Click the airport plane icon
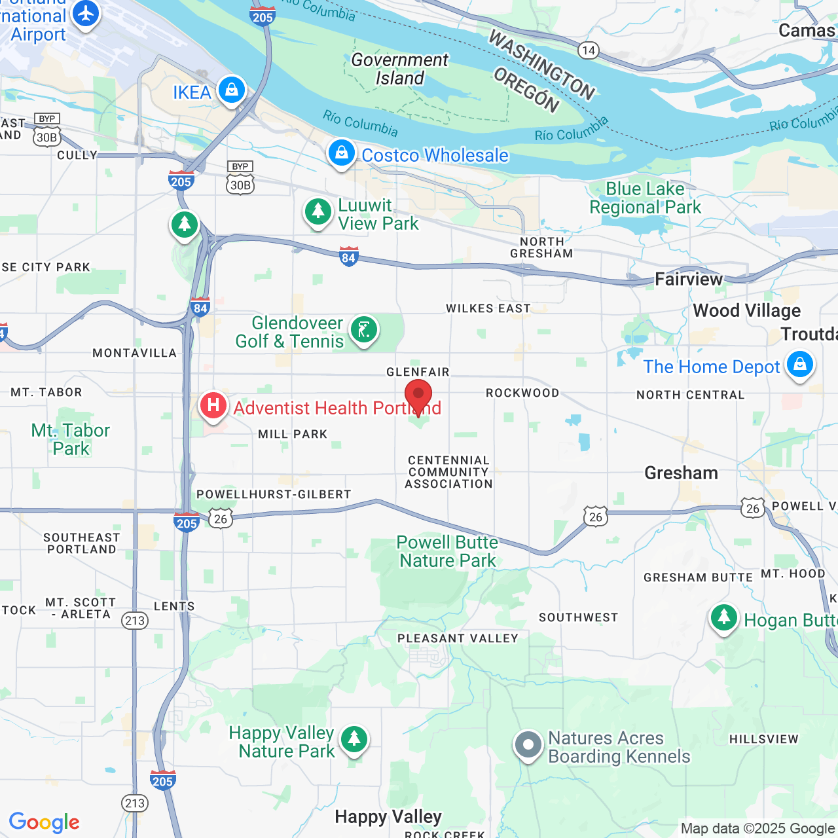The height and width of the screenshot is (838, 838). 86,14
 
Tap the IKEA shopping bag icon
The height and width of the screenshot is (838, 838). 231,90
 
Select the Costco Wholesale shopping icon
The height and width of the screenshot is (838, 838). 341,153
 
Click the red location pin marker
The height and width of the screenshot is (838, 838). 418,395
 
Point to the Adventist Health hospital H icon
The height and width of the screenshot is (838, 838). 213,405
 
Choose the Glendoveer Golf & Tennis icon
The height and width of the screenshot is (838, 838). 363,329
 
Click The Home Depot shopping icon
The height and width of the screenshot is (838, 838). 800,364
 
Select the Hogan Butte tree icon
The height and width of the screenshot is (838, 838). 724,617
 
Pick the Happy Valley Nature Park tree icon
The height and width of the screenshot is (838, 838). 354,739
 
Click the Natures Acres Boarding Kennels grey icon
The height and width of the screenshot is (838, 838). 528,745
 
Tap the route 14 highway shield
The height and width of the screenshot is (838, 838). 589,50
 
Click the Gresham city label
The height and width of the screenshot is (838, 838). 681,473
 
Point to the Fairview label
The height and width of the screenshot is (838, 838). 689,280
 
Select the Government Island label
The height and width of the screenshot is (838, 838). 399,69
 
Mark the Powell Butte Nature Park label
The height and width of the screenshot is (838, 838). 448,551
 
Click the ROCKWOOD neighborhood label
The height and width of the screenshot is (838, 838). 522,393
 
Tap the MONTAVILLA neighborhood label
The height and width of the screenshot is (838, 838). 134,353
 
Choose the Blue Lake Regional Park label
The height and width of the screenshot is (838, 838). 645,198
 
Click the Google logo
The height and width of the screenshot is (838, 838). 45,822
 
